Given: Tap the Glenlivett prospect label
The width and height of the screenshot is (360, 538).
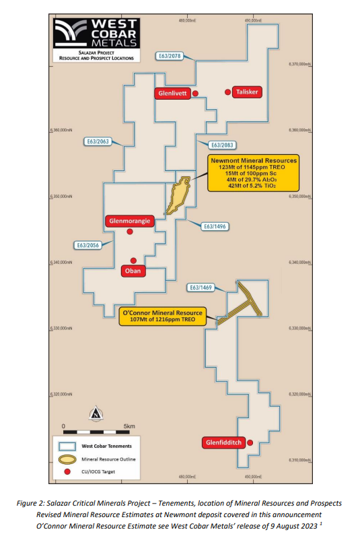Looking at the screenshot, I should coord(173,94).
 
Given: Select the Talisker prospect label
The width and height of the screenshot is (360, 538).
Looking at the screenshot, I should coord(248,92).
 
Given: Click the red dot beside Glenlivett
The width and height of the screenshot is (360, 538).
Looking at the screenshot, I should coord(195,94).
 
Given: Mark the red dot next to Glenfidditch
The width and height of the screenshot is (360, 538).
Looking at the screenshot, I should coord(250,442).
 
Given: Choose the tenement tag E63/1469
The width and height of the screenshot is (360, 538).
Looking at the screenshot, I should coord(201,288).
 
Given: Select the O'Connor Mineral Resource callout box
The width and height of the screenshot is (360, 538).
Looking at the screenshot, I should coord(170,316).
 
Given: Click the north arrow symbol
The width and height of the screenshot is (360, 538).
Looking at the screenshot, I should coord(96,413).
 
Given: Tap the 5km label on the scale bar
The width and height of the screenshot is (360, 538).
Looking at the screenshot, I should coord(129,426).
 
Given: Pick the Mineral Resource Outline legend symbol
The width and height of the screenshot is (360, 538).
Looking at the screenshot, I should coord(67,459).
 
